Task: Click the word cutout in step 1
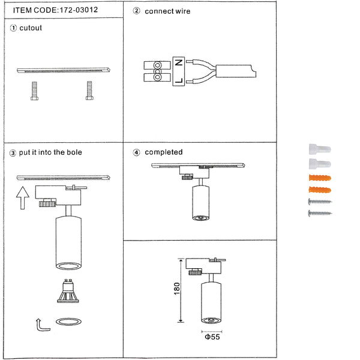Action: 31,28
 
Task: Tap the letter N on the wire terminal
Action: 178,61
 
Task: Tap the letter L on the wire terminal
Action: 178,79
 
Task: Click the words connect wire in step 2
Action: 167,11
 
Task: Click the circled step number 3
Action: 13,153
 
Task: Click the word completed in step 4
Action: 164,152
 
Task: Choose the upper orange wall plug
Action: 319,178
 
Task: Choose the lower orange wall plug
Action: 319,190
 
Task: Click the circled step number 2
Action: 136,11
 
